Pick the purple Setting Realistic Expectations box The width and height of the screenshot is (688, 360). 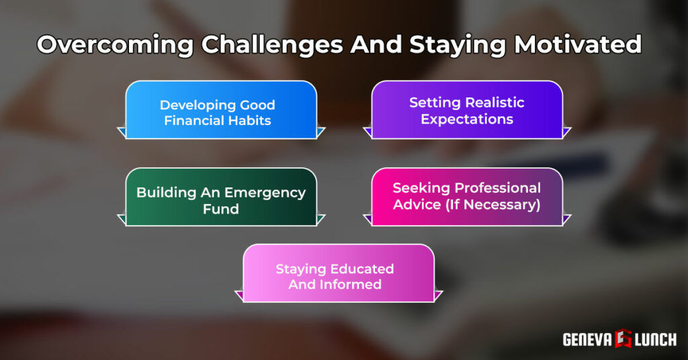point(467,110)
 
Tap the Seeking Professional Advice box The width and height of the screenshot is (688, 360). point(467,197)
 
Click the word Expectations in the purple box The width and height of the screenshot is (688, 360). point(467,120)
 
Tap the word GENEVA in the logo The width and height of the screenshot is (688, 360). point(587,340)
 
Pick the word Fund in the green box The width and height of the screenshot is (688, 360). point(221,209)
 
